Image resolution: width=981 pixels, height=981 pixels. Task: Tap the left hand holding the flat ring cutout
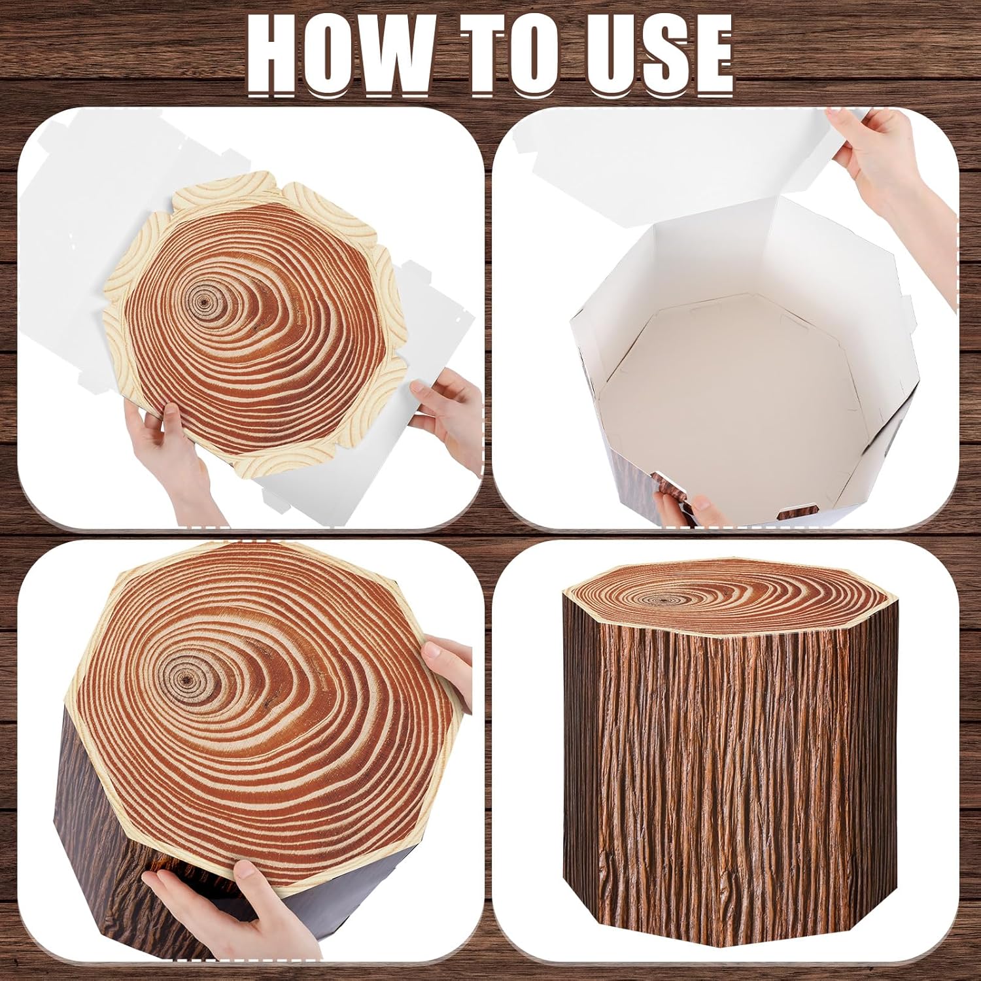tap(163, 451)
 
